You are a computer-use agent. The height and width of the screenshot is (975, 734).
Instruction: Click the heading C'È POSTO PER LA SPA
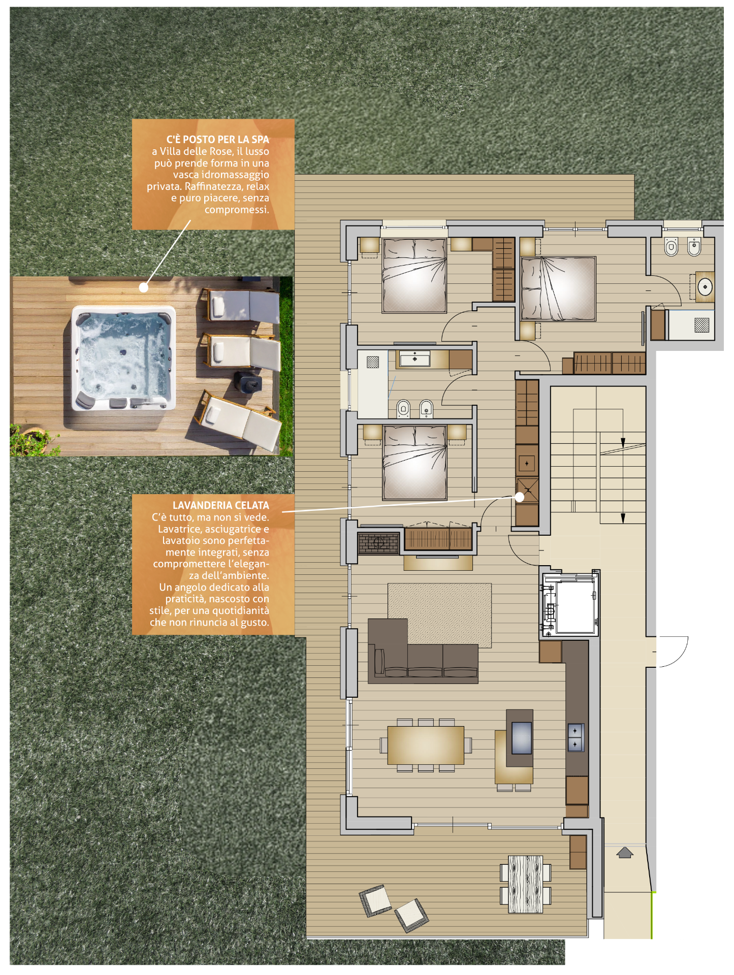pos(217,139)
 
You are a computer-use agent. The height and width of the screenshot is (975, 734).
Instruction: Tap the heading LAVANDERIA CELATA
pos(220,505)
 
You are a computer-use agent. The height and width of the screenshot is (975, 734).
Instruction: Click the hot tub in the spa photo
pos(123,357)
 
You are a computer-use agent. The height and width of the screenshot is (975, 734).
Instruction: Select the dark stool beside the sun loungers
pos(248,381)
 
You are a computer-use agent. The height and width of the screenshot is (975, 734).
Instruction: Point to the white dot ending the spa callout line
pos(144,287)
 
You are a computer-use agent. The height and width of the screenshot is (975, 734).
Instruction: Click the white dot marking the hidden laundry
pos(520,497)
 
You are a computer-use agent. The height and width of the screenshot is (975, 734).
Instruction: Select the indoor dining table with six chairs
pos(426,745)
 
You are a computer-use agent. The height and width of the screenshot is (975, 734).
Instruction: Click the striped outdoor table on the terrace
pos(525,884)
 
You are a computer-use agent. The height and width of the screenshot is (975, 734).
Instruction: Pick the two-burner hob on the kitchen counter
pos(576,737)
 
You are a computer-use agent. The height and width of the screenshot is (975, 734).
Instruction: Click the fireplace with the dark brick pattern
pos(378,543)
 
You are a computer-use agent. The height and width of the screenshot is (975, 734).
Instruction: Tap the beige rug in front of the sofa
pos(440,615)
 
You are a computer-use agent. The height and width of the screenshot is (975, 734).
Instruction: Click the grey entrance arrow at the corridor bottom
pos(624,852)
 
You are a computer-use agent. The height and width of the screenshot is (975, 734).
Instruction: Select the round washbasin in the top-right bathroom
pos(705,287)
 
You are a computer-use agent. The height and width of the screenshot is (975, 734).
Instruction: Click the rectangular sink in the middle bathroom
pos(415,359)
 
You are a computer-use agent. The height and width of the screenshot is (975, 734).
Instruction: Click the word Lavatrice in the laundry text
pos(180,529)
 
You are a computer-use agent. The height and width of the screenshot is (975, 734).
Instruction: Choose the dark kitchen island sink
pos(522,738)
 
